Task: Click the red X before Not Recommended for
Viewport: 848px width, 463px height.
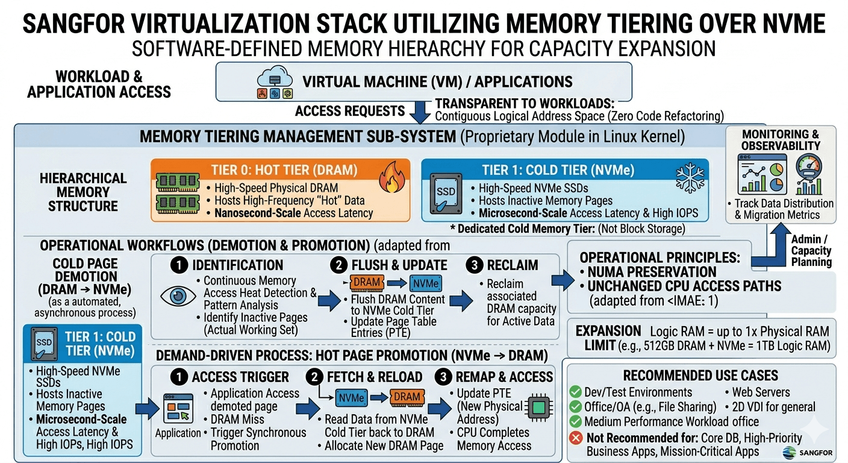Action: point(575,437)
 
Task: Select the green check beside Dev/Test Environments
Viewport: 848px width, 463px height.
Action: point(575,392)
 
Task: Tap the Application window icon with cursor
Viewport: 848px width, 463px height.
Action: point(177,411)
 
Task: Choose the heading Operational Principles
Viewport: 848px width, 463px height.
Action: point(659,257)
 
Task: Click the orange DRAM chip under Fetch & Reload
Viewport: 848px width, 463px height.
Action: point(407,397)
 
